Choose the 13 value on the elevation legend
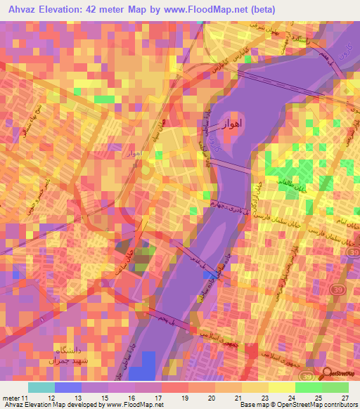click(x=94, y=398)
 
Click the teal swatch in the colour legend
click(x=41, y=387)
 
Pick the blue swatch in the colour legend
click(x=67, y=387)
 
